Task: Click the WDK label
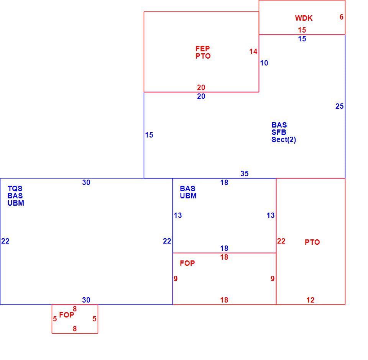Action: (304, 18)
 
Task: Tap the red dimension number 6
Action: (342, 17)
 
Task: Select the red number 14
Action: (253, 51)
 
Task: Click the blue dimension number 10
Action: (264, 63)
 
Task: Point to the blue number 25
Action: (339, 106)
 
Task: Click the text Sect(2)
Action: (284, 139)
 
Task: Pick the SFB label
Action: (279, 132)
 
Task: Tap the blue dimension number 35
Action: (244, 173)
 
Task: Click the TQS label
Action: (15, 188)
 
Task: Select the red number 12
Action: (310, 300)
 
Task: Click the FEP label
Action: (202, 49)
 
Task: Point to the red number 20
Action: (201, 87)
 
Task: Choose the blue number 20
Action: (201, 97)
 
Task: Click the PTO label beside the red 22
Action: (312, 242)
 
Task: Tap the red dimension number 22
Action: (281, 241)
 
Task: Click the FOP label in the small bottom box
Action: (66, 315)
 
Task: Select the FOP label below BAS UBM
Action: (187, 263)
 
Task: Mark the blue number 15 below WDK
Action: (302, 39)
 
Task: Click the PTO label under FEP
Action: (203, 56)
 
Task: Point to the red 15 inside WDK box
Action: (302, 30)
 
